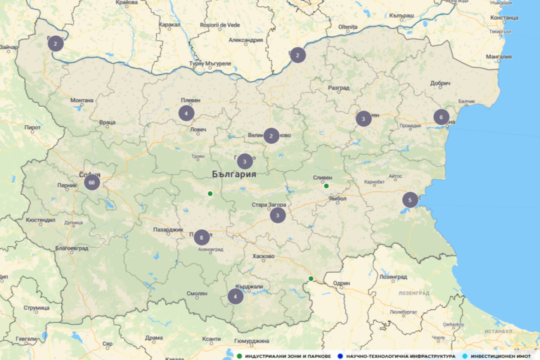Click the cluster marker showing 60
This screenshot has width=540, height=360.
tap(91, 183)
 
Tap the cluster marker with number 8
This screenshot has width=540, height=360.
tap(202, 237)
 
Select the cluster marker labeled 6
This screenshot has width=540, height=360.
tap(441, 117)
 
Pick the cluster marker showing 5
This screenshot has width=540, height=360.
tap(409, 200)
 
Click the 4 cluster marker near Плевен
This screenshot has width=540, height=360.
tap(186, 112)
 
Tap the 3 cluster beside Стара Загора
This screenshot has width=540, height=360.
tap(278, 215)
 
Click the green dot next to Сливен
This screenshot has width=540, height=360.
tap(326, 186)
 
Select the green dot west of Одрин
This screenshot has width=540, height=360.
tap(311, 278)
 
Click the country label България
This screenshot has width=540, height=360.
tap(234, 174)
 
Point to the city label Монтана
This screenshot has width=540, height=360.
tap(82, 101)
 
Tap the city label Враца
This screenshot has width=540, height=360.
tap(107, 122)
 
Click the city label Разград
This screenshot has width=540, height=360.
tap(338, 88)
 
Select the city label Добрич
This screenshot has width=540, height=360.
tap(440, 83)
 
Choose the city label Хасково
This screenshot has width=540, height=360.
tap(263, 256)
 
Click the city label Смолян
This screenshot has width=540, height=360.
tap(197, 293)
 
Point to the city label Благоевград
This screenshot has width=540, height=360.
tap(72, 248)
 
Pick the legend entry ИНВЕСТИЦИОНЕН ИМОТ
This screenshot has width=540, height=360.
tap(501, 356)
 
